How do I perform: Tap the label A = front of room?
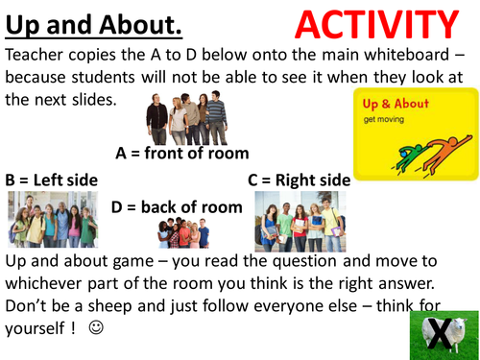[182, 153]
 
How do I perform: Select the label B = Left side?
[52, 180]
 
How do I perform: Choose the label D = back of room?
[177, 206]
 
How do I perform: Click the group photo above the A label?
[187, 117]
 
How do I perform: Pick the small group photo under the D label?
[182, 233]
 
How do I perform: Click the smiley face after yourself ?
[94, 326]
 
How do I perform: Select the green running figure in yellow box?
[408, 156]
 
